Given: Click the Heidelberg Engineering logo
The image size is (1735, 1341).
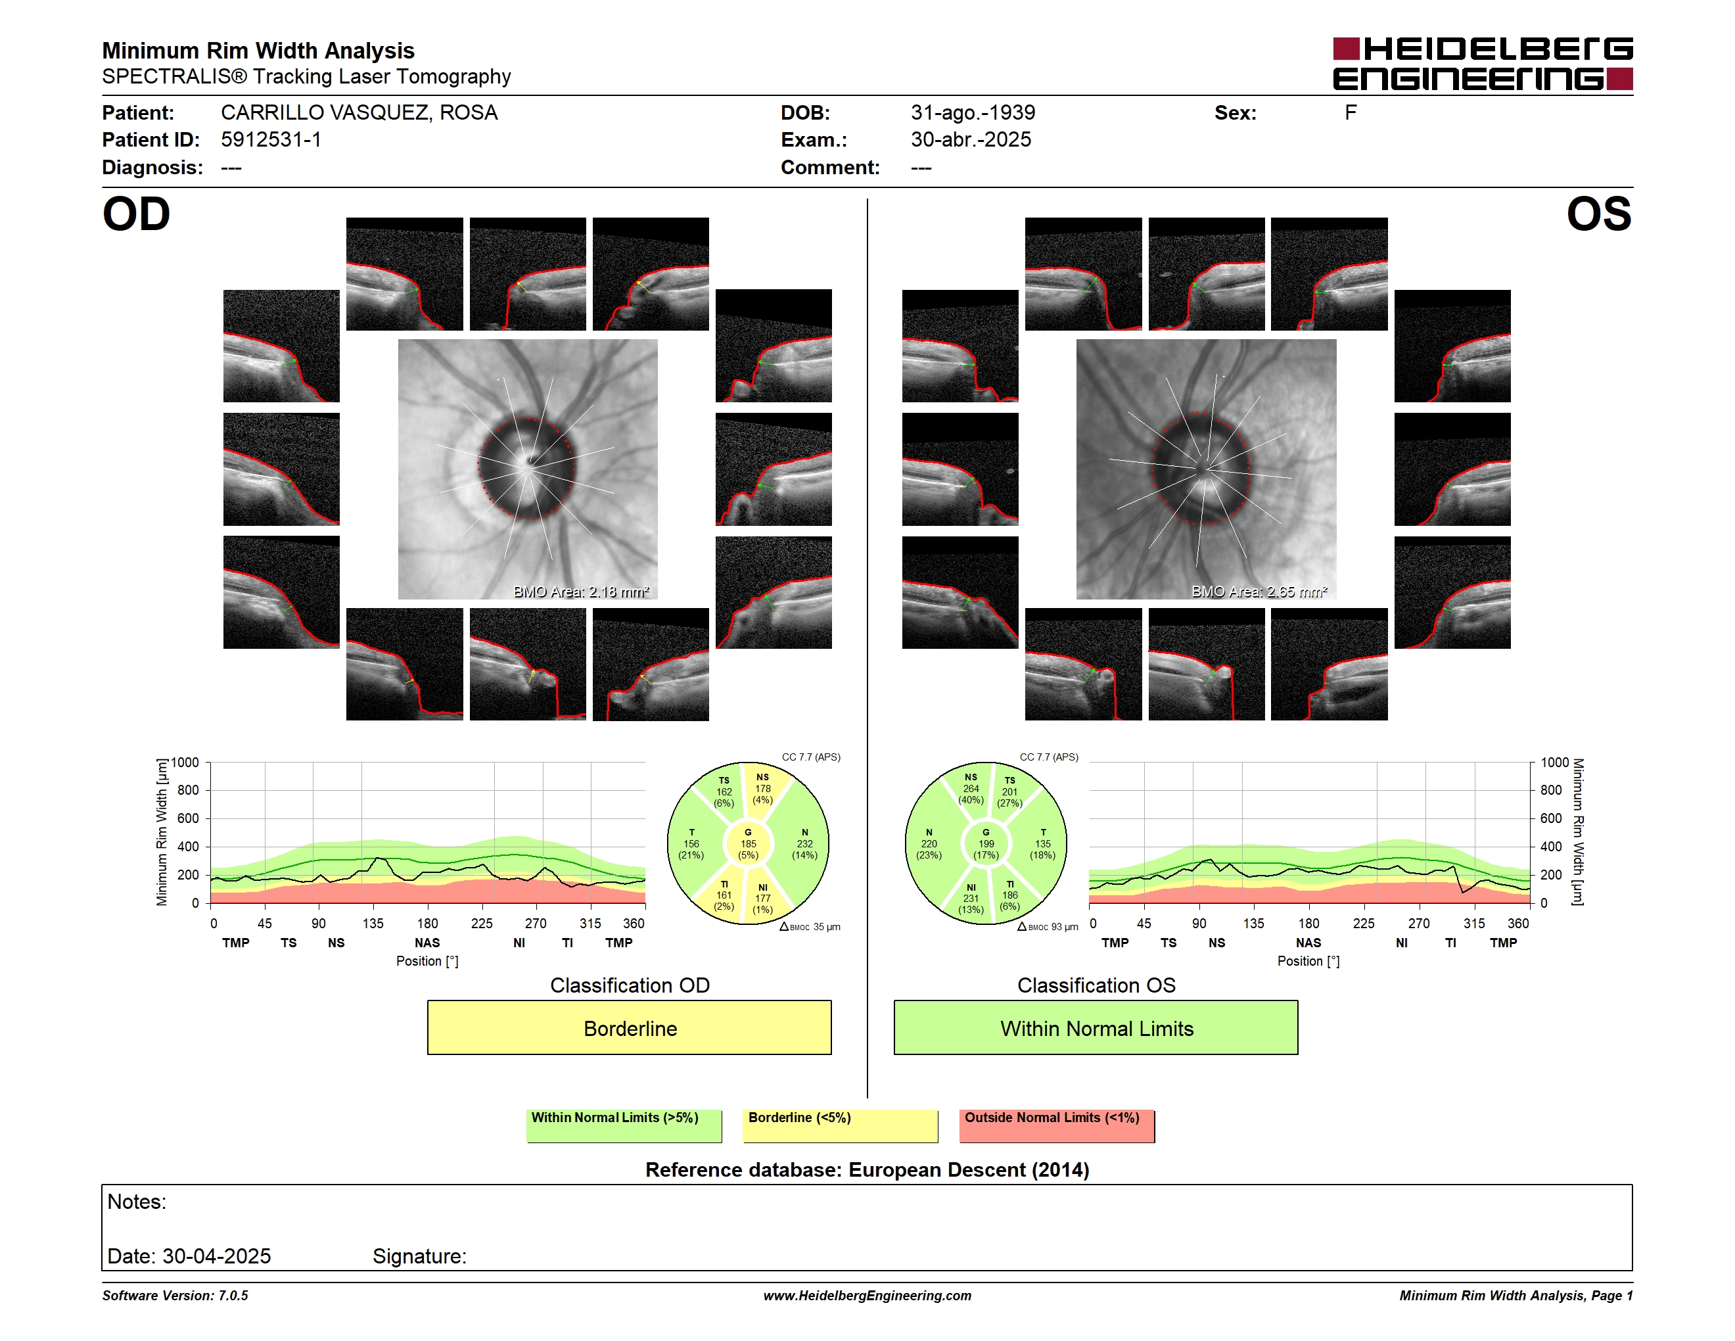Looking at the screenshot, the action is click(x=1483, y=64).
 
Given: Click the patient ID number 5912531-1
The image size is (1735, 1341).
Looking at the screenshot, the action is click(x=271, y=140).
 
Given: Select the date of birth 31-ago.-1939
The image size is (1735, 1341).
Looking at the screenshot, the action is click(x=973, y=113).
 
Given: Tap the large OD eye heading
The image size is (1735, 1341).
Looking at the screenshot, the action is click(x=136, y=214).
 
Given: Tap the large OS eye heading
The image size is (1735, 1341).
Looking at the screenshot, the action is click(x=1598, y=214).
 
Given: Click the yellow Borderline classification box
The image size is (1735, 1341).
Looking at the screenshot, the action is click(x=629, y=1027).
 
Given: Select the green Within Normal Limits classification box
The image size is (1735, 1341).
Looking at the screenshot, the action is click(x=1096, y=1027).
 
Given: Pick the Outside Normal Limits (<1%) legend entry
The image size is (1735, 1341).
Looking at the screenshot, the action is click(x=1057, y=1125).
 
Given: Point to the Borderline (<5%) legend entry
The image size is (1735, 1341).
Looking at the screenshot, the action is click(x=840, y=1125).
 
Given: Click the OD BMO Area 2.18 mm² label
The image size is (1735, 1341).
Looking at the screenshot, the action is click(x=581, y=592).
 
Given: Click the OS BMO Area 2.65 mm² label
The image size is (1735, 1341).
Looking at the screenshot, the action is click(x=1259, y=592).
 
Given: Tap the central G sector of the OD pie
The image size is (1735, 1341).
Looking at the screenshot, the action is click(x=747, y=843).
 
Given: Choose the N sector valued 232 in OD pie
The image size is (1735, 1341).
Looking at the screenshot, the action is click(x=804, y=843).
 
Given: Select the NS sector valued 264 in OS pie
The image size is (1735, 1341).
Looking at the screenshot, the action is click(x=971, y=788).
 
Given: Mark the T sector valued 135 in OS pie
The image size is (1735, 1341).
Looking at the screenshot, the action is click(x=1042, y=843).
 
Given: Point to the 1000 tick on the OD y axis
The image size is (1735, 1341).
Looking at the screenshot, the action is click(x=184, y=763).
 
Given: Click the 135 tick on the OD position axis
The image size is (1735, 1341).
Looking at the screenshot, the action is click(x=373, y=923).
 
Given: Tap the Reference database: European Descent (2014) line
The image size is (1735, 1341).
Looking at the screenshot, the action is click(x=867, y=1170).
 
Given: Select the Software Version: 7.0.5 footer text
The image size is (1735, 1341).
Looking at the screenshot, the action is click(x=175, y=1296).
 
